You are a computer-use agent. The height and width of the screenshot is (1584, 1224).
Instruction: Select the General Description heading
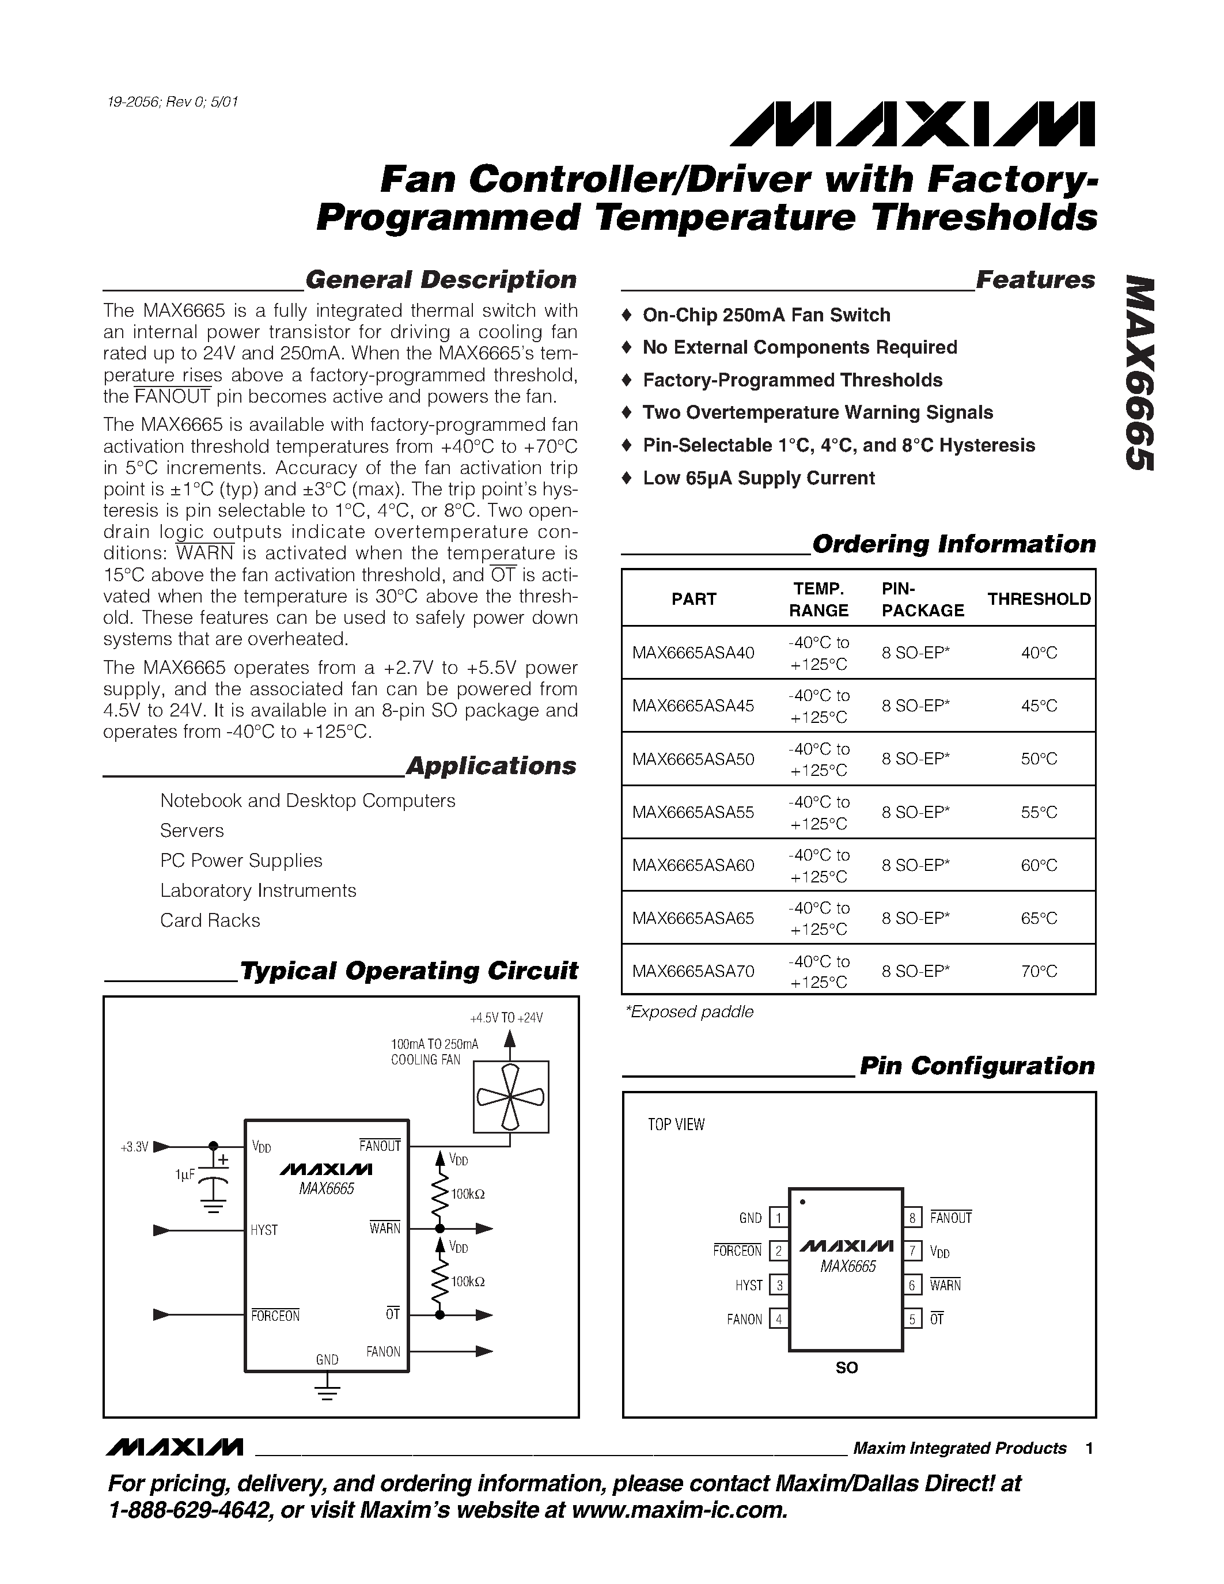point(440,280)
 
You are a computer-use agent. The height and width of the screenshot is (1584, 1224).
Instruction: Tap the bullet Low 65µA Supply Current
point(758,478)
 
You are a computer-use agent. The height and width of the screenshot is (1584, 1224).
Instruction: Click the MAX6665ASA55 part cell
point(692,812)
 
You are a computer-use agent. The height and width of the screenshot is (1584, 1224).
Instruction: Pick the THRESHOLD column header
point(1039,599)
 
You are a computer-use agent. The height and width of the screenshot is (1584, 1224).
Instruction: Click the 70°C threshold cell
point(1039,971)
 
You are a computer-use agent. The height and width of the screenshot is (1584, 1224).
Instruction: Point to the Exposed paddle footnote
point(689,1012)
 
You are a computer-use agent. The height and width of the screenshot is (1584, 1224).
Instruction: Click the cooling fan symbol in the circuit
point(510,1097)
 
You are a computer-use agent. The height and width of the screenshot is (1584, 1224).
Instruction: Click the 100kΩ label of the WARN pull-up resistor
point(468,1194)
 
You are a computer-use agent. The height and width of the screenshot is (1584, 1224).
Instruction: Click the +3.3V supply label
point(134,1147)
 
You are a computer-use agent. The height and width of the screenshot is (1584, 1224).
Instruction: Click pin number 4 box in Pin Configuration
point(778,1319)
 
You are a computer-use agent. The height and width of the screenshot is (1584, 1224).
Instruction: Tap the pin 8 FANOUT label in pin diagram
point(950,1218)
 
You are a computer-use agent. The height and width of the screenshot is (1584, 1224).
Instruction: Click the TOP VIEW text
point(676,1125)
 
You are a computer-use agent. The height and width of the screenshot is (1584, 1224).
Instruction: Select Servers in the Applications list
point(192,831)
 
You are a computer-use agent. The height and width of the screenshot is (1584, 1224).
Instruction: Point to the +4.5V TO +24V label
point(506,1018)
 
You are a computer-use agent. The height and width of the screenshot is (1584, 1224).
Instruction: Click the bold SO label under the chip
point(846,1368)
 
